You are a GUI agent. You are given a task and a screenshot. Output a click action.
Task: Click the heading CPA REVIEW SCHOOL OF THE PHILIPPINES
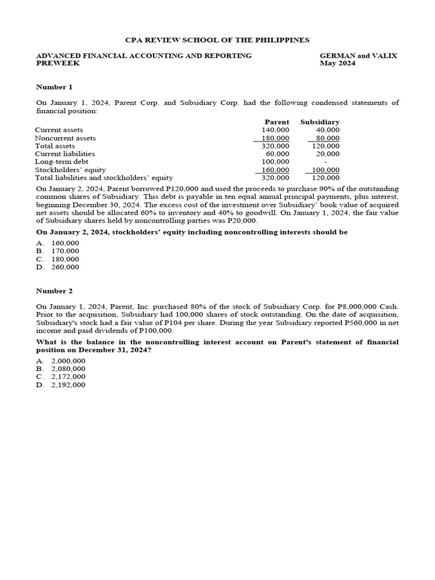217,40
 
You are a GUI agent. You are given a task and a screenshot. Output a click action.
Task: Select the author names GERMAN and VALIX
358,56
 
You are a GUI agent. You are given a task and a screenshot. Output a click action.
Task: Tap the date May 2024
338,63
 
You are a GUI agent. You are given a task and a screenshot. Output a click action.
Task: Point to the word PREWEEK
58,63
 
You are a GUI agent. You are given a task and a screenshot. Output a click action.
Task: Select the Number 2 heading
54,291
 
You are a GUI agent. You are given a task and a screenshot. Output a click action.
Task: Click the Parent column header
276,122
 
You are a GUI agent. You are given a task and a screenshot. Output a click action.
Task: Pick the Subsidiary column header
319,122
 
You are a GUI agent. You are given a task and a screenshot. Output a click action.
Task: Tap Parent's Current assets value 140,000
276,130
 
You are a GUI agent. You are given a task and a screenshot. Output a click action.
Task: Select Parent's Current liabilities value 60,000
278,153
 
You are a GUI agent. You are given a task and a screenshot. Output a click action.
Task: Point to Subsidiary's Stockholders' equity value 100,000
326,169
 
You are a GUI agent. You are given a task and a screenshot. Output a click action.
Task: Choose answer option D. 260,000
58,267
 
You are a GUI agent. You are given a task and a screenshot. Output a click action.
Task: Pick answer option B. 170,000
58,251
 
